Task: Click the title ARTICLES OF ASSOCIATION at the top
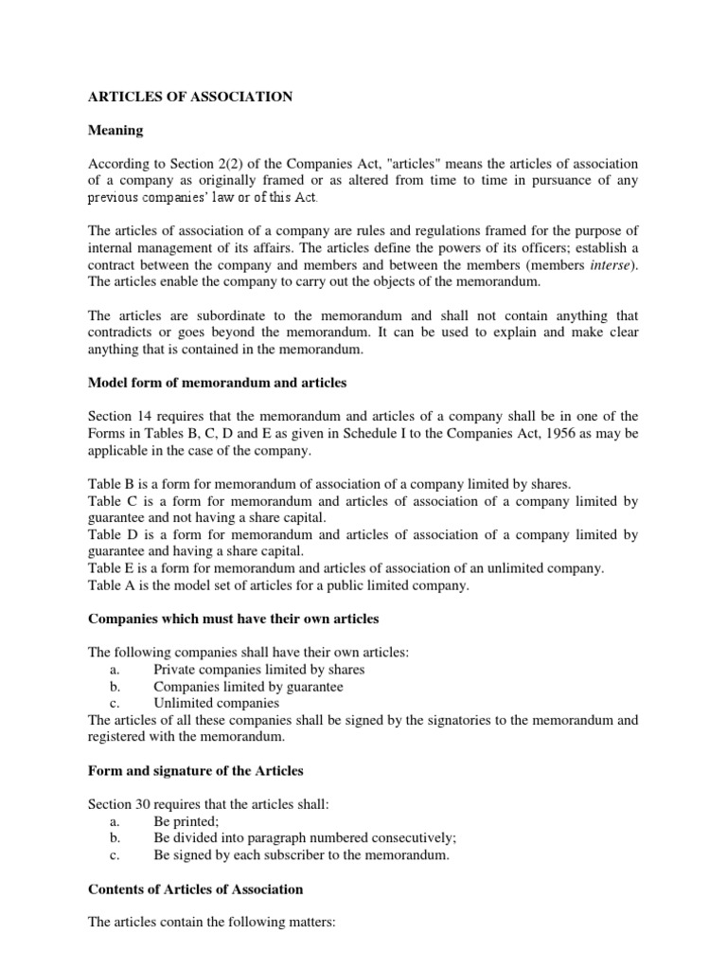point(189,97)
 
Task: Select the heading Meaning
point(117,130)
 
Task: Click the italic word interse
point(610,264)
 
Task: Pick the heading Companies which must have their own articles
point(233,619)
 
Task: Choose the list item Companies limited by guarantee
point(248,687)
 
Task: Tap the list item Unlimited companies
point(217,704)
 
